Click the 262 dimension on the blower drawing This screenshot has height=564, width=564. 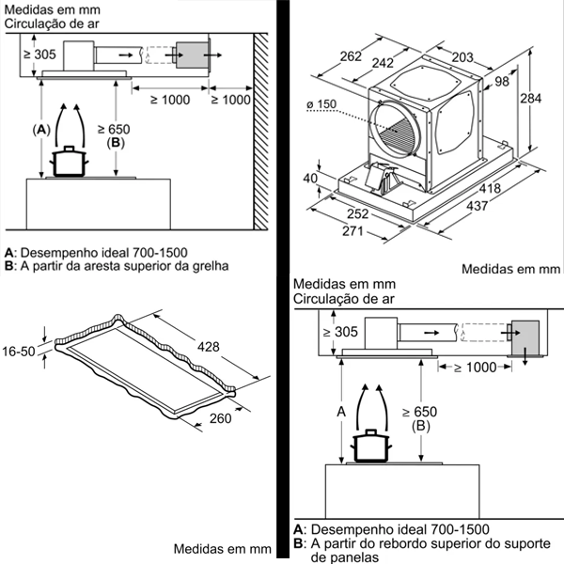(350, 56)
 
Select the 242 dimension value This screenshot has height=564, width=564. (383, 63)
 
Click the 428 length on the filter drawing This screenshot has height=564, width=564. (208, 348)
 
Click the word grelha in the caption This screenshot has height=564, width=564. (211, 266)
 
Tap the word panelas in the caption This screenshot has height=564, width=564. (336, 556)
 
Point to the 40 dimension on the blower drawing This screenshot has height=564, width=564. (311, 179)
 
